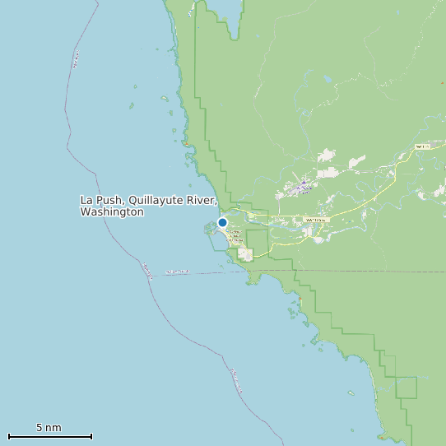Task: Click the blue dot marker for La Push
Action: [222, 222]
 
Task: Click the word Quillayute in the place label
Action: [158, 200]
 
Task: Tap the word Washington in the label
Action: [112, 212]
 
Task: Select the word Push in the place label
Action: [110, 200]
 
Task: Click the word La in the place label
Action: [86, 200]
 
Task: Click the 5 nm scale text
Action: [49, 428]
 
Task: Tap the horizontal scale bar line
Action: [49, 436]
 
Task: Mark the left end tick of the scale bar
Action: [8, 436]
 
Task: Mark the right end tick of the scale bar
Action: [91, 436]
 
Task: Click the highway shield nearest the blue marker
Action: [316, 220]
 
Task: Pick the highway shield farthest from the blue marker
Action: [422, 146]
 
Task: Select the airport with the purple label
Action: [303, 187]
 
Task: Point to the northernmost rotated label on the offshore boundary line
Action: [77, 60]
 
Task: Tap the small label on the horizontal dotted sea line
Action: [178, 272]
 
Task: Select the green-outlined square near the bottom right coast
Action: [407, 387]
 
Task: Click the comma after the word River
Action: [216, 202]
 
